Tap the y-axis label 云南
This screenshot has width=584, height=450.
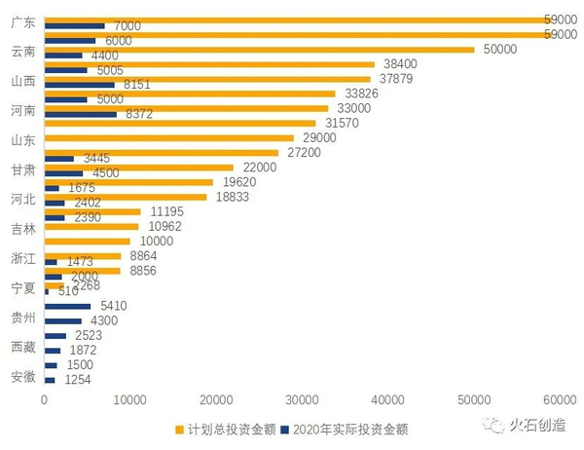tap(19, 52)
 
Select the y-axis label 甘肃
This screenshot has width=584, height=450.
tap(19, 169)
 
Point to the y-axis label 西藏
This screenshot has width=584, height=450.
tap(19, 347)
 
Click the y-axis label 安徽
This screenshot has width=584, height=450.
tap(19, 377)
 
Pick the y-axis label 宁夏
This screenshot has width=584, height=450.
tap(19, 288)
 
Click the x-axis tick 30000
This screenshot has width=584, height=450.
tap(302, 398)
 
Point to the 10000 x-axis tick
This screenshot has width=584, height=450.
tap(129, 398)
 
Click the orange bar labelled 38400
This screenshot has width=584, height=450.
tap(208, 64)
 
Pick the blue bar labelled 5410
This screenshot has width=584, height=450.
tap(67, 306)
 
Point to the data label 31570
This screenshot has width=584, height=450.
tap(336, 123)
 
